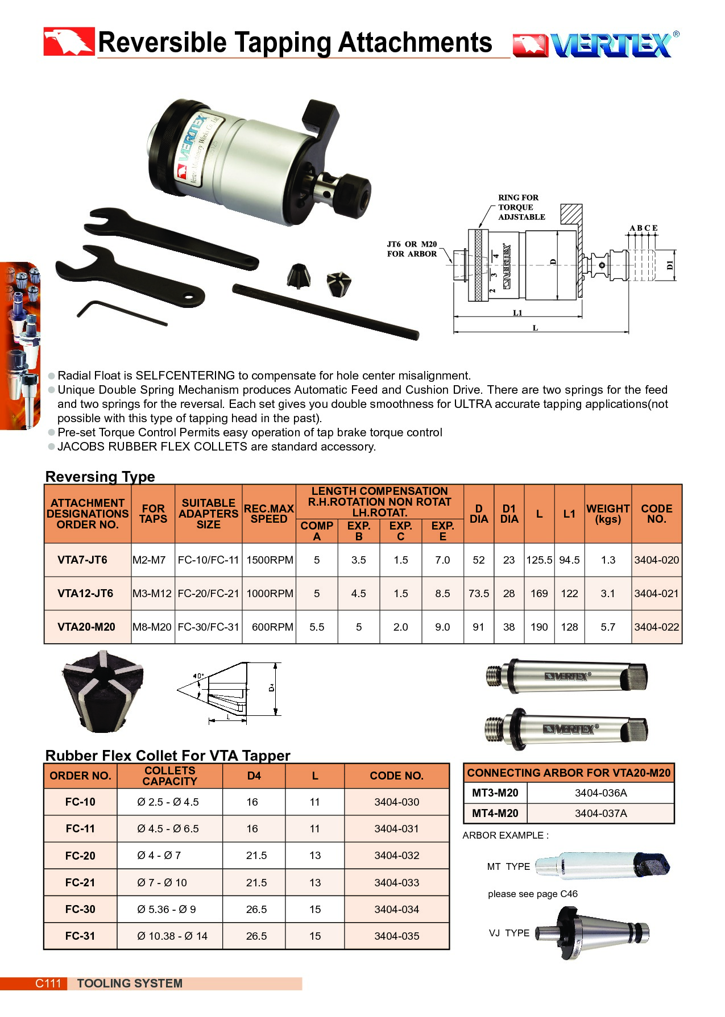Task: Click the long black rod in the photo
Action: [325, 312]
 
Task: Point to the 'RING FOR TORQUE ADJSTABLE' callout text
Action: [521, 207]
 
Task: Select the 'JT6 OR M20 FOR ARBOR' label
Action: [412, 249]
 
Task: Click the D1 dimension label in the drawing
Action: [670, 265]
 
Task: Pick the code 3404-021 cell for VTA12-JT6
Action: [656, 594]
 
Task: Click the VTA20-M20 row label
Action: [86, 627]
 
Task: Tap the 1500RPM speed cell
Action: [270, 560]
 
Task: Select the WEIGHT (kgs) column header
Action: [608, 514]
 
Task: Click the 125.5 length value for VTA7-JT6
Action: [539, 560]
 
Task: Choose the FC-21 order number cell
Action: [80, 883]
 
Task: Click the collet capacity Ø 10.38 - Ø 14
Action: [172, 936]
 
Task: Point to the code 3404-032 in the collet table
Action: [396, 856]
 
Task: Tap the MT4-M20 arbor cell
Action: [495, 814]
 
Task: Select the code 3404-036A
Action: [600, 793]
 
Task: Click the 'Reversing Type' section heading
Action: [100, 477]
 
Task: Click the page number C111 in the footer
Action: [48, 983]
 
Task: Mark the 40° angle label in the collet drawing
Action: [198, 676]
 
